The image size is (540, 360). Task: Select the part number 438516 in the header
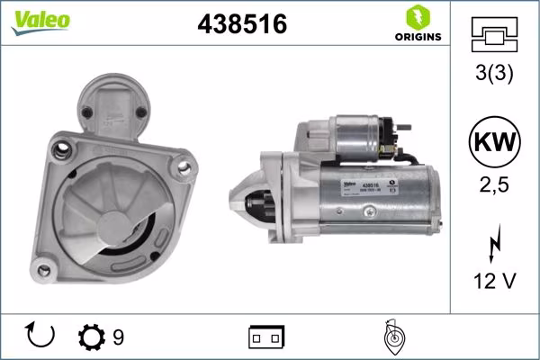241,25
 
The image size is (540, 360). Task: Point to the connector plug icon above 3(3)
494,35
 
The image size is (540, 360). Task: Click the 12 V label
494,282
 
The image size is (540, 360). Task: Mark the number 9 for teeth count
118,337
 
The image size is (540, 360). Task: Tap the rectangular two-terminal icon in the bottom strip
266,337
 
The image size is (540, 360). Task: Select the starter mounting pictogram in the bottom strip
391,336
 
